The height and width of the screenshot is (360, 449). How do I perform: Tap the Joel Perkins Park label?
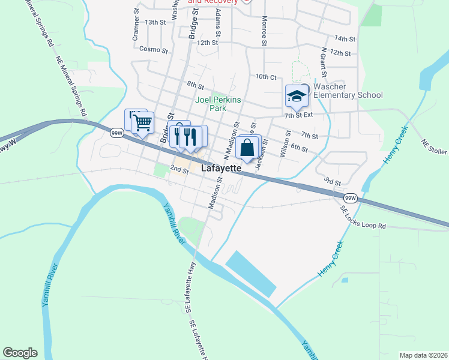[218, 104]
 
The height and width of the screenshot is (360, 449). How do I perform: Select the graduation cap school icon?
[296, 96]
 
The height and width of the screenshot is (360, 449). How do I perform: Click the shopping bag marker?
[247, 147]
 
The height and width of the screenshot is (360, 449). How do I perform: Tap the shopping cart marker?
[142, 123]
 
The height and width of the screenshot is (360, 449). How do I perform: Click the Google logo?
[20, 353]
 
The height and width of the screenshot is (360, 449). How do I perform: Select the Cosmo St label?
[153, 49]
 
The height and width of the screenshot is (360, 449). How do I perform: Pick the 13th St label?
[155, 22]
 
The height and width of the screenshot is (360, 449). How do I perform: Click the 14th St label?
[345, 38]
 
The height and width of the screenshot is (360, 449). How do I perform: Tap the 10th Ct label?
[265, 77]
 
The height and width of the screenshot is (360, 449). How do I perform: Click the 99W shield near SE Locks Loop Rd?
[350, 197]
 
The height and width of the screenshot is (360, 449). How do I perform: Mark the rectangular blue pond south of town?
[251, 273]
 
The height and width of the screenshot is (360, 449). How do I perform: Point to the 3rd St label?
[332, 181]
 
